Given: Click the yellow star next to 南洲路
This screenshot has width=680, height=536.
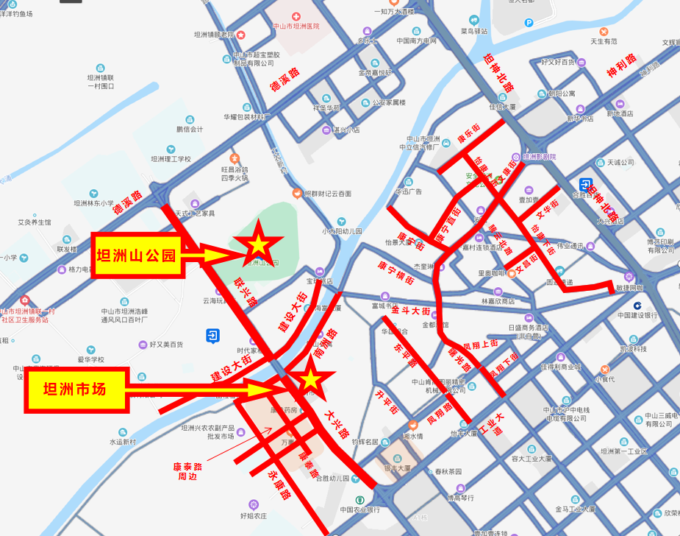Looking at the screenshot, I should coord(310,378).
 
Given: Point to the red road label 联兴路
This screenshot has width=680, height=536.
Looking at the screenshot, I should coord(246,292).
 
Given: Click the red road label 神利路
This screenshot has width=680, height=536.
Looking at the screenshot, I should coord(621,68).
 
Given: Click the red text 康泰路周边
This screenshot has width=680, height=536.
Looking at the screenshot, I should coord(187,471).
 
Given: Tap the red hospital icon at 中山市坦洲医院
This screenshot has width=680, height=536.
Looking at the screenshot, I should coord(296,15).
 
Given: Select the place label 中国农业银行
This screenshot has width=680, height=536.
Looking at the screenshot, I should coord(359,509).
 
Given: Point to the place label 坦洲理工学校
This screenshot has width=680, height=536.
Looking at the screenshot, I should coord(171,158).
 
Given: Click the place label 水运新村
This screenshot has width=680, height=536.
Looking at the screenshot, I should coord(123,442).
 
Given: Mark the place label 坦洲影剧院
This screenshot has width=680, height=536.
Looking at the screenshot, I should coord(539,157).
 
